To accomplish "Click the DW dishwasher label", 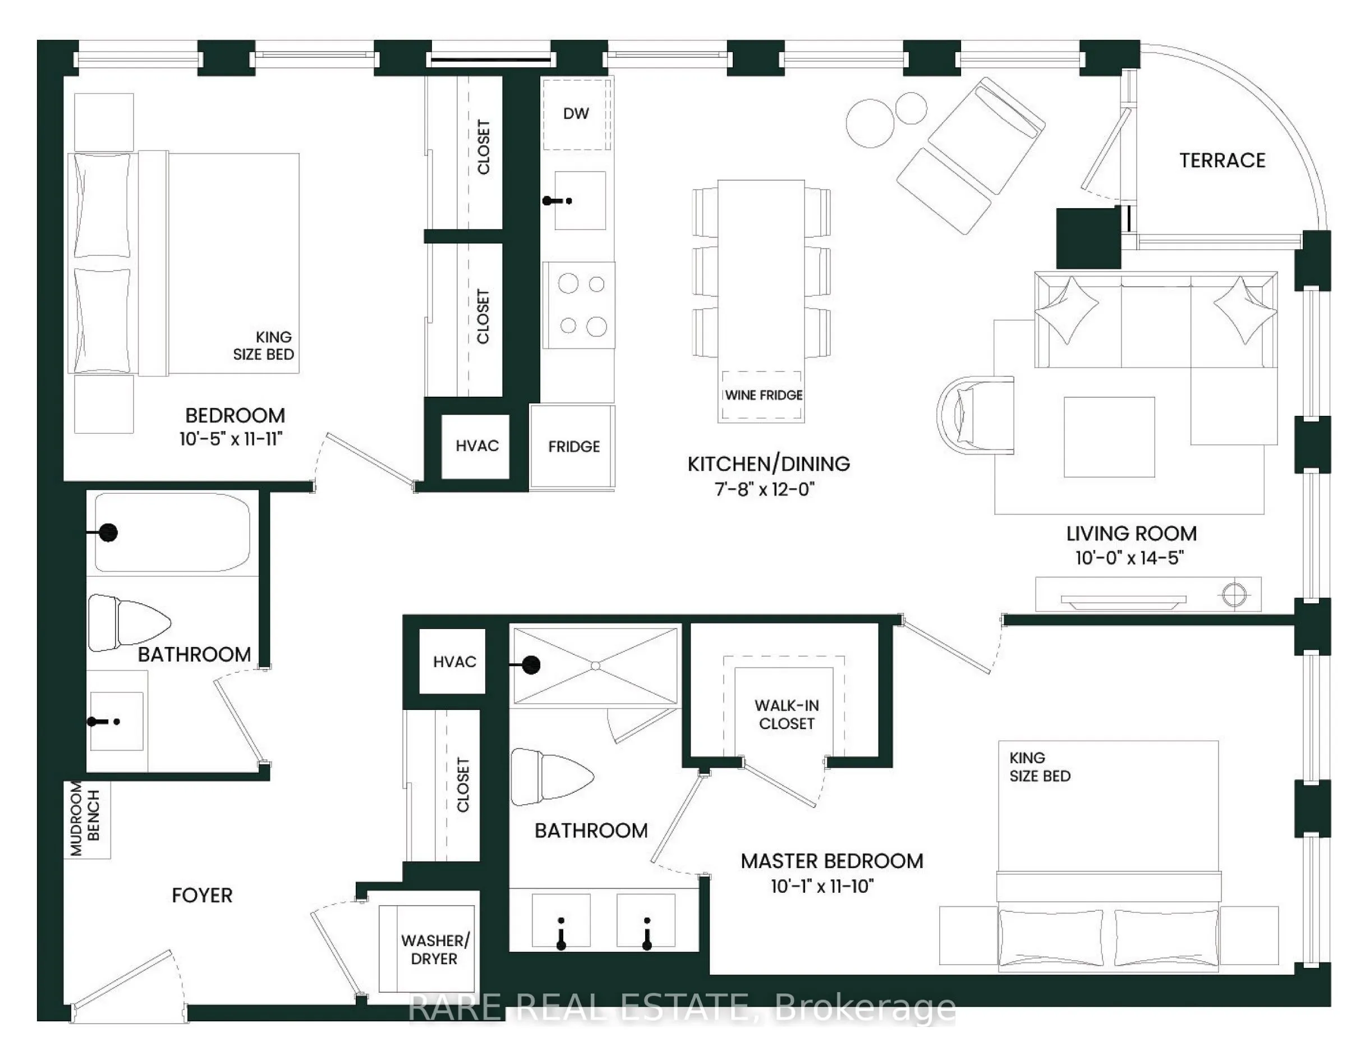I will pos(576,114).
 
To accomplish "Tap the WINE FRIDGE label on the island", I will pos(763,395).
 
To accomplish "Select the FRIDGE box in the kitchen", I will pos(573,446).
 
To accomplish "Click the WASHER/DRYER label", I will pos(434,949).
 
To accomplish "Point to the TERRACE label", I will pos(1222,160).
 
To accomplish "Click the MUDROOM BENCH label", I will pos(85,819).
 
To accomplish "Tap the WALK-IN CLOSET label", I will pos(786,714).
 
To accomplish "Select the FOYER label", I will pos(202,895).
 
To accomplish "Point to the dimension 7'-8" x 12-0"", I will pos(764,489).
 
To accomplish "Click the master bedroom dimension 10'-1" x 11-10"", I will pos(822,886).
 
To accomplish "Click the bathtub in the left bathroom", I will pos(172,533).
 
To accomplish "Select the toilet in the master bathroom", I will pos(550,777).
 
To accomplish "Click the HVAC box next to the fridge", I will pos(476,446).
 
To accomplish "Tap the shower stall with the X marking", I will pos(595,666).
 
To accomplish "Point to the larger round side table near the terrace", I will pos(870,123).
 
